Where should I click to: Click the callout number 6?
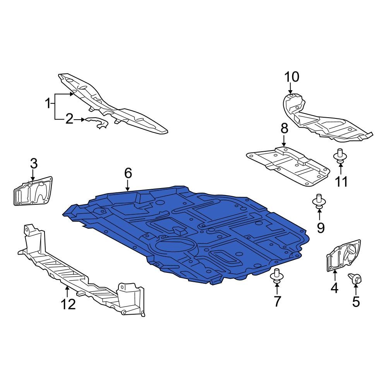click(128, 173)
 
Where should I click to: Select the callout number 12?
click(68, 304)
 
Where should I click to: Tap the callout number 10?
click(292, 77)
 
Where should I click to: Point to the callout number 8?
click(284, 128)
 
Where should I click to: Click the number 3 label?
click(34, 164)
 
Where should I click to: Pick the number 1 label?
click(48, 104)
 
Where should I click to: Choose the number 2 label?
click(69, 119)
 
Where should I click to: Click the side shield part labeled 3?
click(33, 191)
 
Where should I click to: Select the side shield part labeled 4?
click(344, 256)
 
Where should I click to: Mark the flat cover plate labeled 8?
click(288, 166)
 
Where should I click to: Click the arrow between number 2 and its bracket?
click(80, 120)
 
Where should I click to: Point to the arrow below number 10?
click(291, 88)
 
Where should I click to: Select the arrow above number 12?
click(67, 292)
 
